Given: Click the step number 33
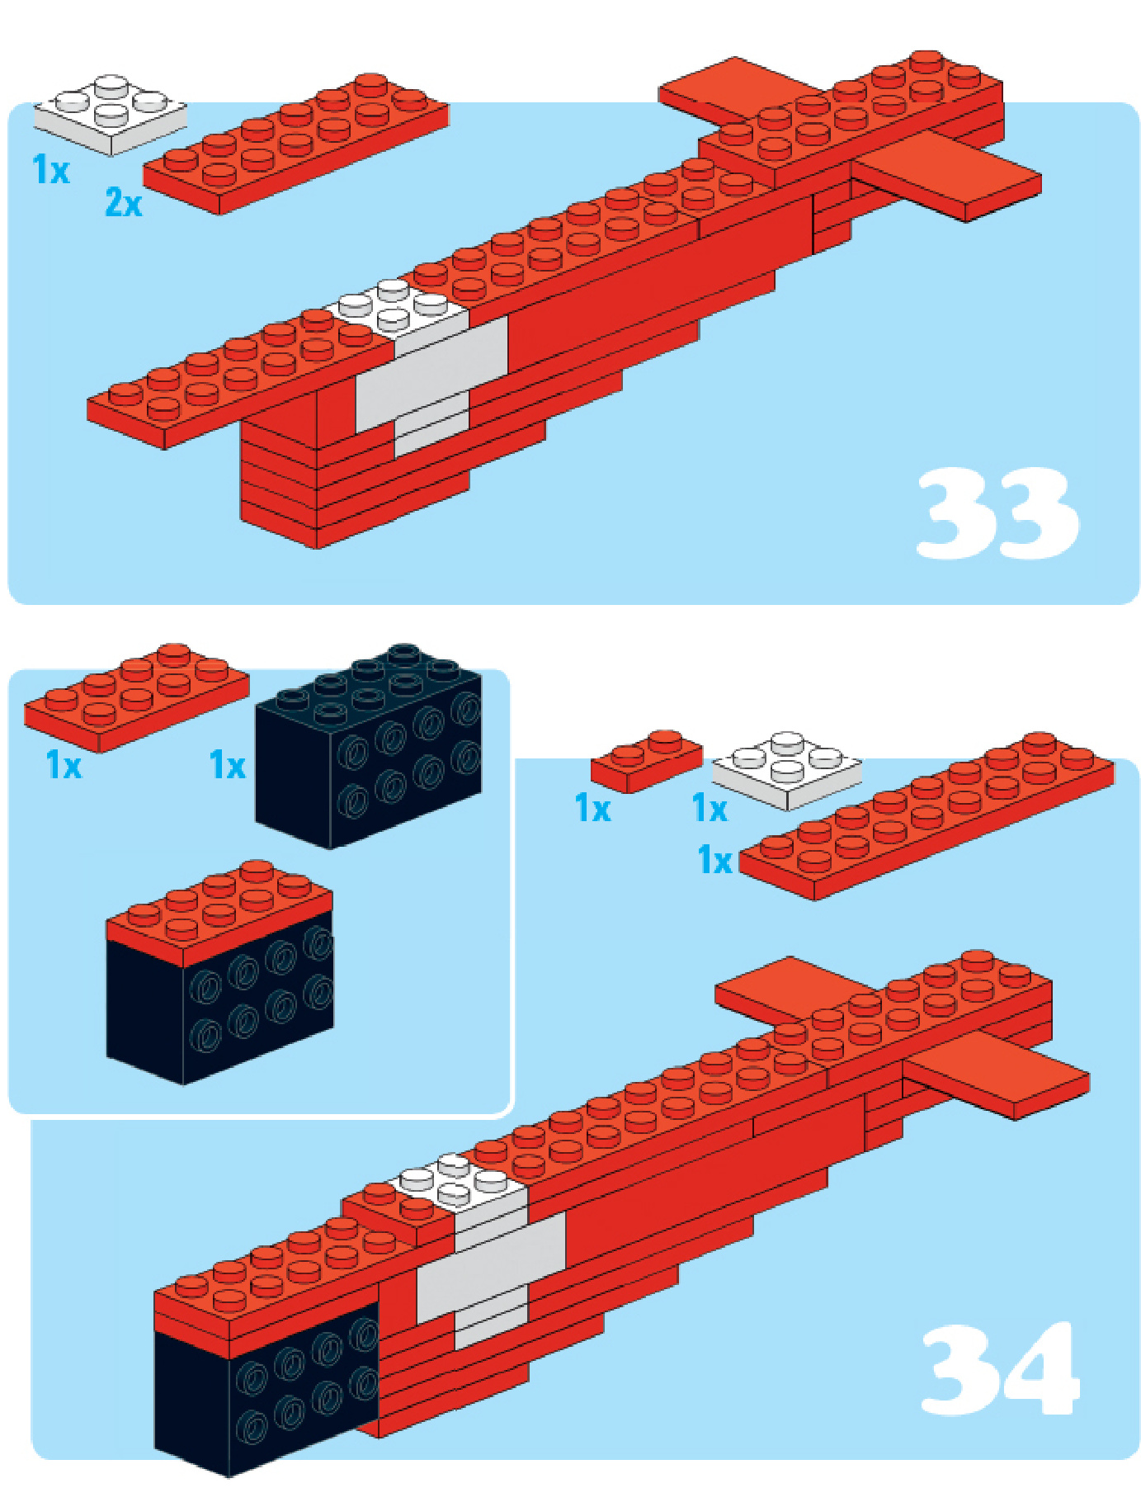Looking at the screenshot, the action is point(997,513).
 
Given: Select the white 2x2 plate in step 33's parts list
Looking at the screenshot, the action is point(110,114).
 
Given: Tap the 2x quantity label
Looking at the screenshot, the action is point(124,202).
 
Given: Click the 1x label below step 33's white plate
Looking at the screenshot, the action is point(50,169).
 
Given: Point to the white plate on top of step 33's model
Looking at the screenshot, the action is point(398,309).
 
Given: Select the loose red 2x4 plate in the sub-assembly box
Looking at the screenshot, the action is point(137,697).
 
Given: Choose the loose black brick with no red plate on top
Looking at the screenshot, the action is point(369,746).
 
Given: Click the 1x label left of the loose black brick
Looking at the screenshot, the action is point(228,765).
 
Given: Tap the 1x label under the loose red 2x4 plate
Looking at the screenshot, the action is point(64,765).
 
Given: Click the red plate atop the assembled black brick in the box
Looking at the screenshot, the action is point(219,912).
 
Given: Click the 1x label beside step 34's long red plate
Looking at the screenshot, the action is point(714,860).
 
